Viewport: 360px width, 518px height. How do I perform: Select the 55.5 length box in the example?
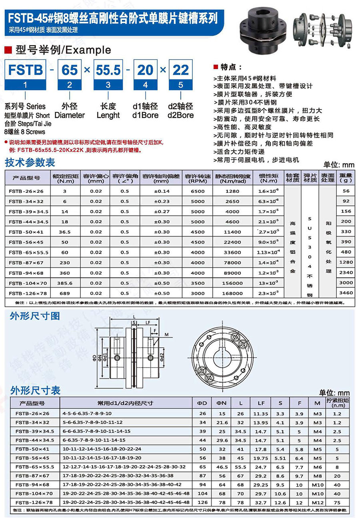click(x=108, y=71)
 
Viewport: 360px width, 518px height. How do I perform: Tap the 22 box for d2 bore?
click(x=180, y=71)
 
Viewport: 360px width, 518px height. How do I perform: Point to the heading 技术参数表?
click(x=30, y=163)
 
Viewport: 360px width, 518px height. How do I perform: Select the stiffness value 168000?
click(x=233, y=293)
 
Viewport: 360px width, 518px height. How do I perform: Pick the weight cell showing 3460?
click(x=346, y=293)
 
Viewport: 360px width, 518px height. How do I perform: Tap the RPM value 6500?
click(x=198, y=191)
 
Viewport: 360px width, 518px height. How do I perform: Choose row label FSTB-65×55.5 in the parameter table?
click(x=28, y=252)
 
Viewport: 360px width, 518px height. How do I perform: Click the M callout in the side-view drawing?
click(x=166, y=334)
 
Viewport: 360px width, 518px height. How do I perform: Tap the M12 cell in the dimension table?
click(x=317, y=502)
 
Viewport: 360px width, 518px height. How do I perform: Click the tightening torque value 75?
click(x=337, y=502)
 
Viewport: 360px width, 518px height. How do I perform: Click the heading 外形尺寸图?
click(x=35, y=316)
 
